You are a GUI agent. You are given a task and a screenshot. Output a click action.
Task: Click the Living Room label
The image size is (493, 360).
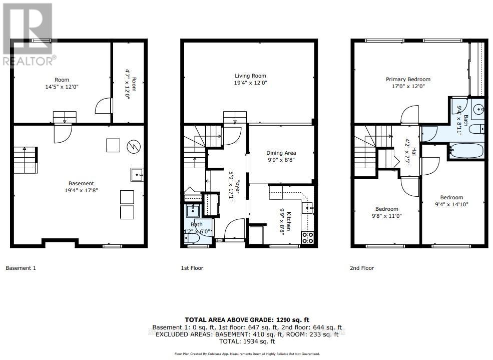click(249, 76)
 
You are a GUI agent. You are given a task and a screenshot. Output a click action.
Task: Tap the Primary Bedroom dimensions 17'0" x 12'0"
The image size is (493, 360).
click(408, 86)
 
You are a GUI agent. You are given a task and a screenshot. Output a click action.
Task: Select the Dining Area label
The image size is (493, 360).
click(281, 153)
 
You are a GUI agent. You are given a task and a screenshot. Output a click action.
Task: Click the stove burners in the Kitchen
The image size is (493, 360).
click(308, 237)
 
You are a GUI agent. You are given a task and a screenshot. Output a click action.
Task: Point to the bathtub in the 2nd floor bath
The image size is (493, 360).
click(467, 150)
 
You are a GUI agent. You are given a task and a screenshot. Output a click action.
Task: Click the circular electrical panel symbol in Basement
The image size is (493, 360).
click(134, 146)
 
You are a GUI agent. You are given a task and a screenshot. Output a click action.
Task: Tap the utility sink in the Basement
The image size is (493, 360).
click(137, 175)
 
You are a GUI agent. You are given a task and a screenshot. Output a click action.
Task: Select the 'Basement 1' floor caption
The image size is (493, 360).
click(21, 268)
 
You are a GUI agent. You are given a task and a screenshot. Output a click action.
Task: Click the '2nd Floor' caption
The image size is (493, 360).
click(362, 268)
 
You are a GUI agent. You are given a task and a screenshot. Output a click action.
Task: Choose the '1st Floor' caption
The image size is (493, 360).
click(192, 268)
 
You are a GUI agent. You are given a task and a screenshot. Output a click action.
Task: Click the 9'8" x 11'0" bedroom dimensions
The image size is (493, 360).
click(387, 216)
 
